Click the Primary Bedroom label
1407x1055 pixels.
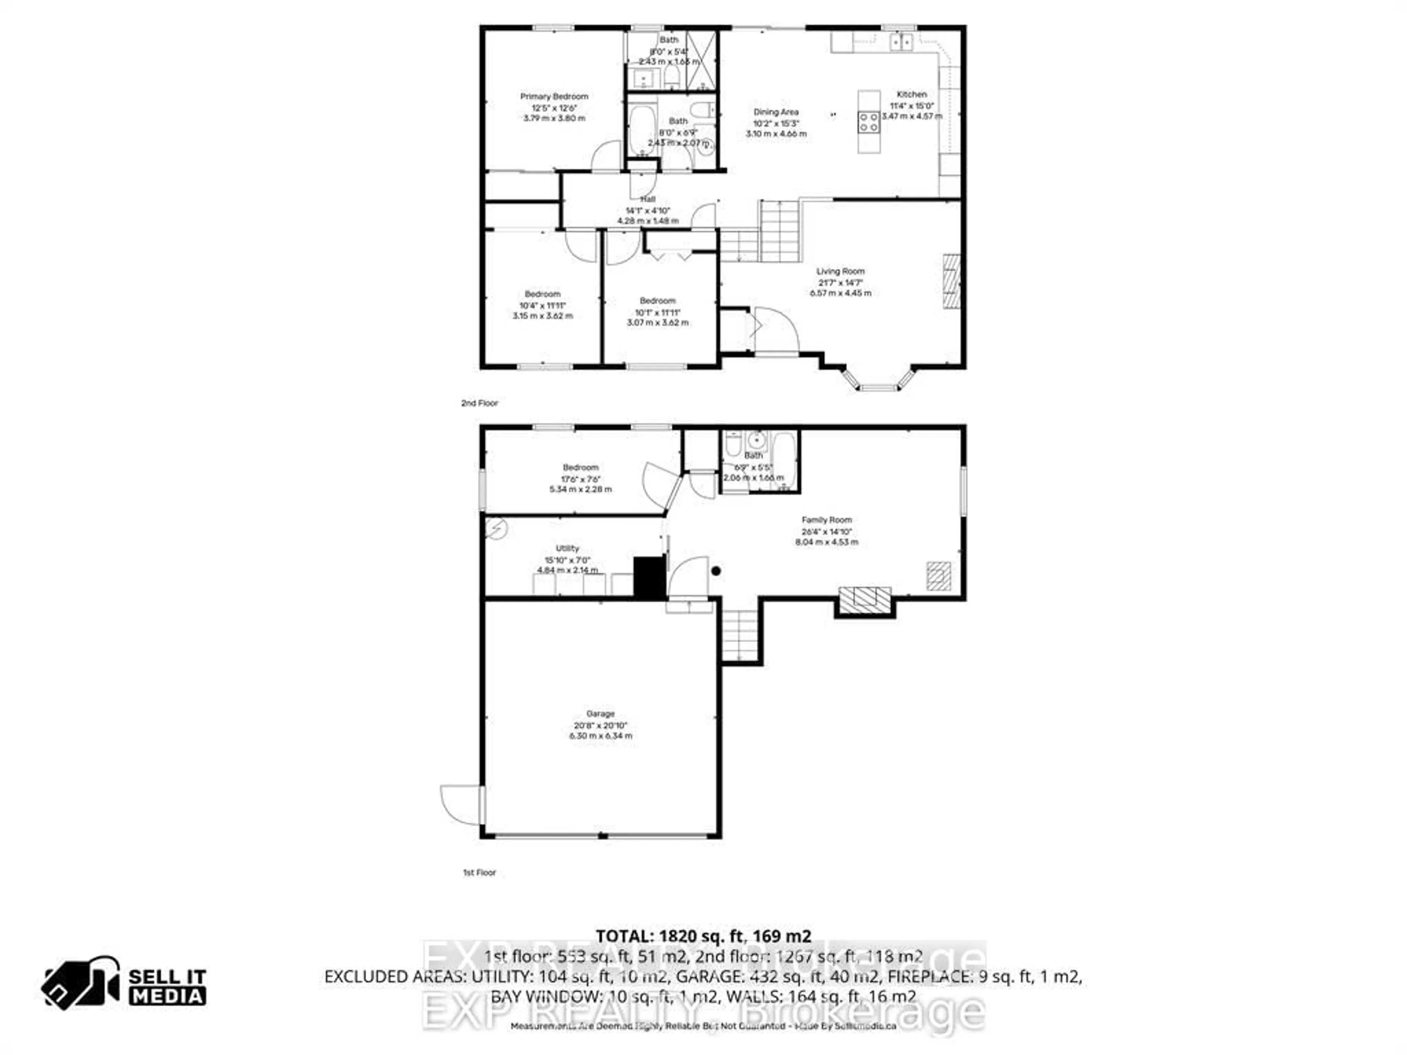[x=554, y=97]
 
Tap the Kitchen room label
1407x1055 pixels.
[x=912, y=94]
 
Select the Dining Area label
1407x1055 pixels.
[x=776, y=112]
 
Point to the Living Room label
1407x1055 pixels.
[x=840, y=271]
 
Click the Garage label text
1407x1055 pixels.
[x=601, y=714]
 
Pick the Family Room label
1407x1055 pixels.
[x=826, y=519]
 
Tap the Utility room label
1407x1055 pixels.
[x=567, y=548]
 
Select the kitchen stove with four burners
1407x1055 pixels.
[x=869, y=122]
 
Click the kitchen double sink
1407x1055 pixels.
[x=901, y=42]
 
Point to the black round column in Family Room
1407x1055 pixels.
[x=716, y=571]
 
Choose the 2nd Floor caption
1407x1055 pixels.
[x=480, y=403]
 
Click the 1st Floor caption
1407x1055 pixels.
[x=479, y=873]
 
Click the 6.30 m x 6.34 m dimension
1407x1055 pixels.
[x=601, y=736]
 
